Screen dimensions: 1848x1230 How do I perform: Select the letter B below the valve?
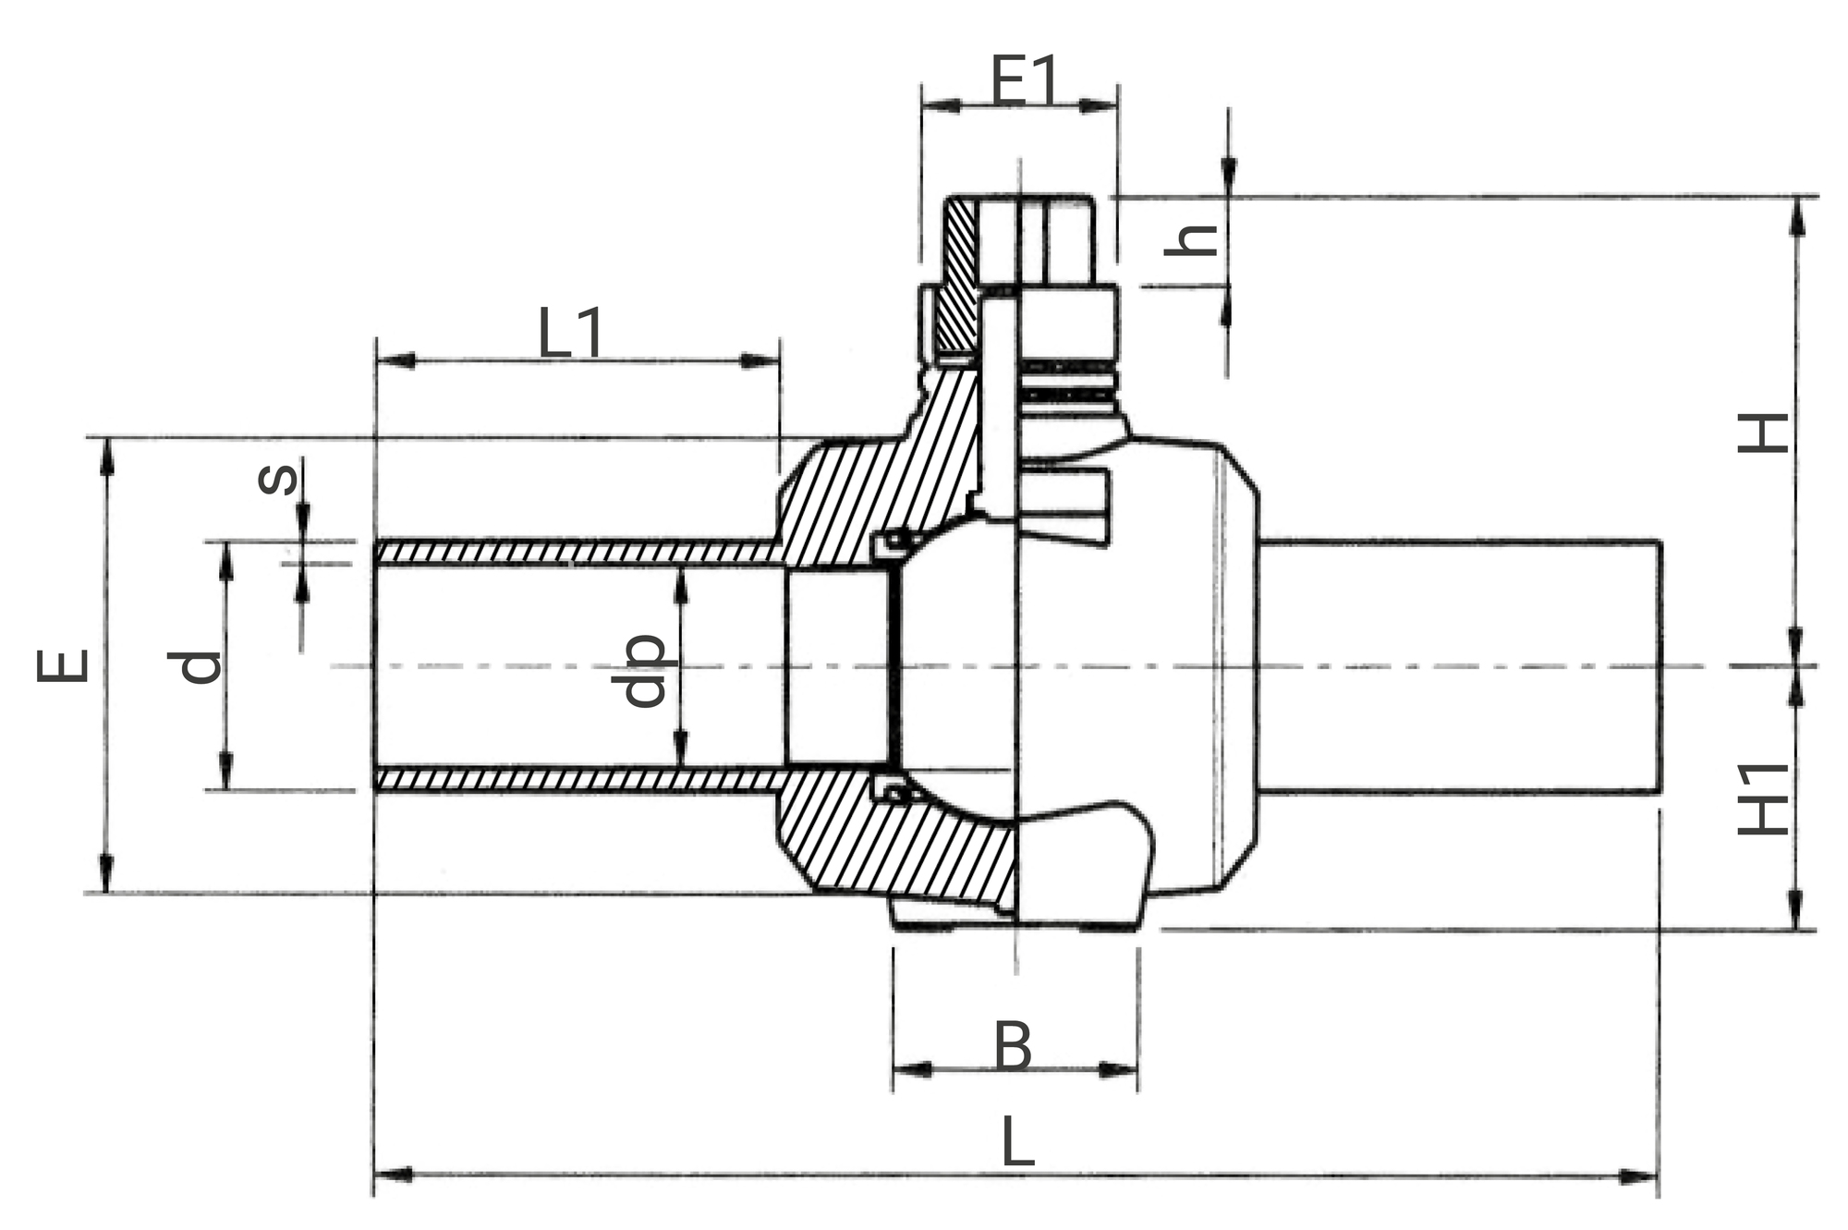(x=1013, y=1046)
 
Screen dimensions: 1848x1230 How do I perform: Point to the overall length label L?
(x=1017, y=1141)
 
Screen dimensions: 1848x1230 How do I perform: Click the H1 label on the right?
(x=1763, y=799)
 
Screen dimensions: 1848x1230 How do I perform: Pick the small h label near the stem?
(x=1191, y=239)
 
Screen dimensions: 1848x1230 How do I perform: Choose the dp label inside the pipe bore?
(x=639, y=670)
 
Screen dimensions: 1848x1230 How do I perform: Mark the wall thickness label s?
(x=277, y=477)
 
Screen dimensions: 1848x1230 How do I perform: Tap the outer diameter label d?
(x=195, y=666)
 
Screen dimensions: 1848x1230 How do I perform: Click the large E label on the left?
(x=63, y=665)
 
